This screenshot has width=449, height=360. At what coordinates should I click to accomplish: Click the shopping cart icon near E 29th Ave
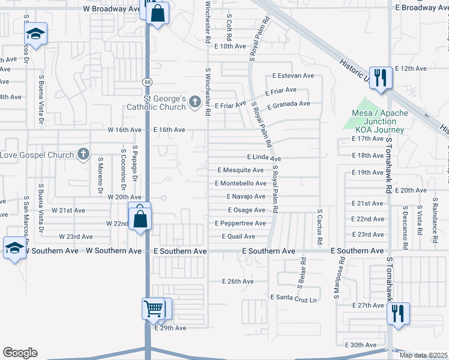pos(154,310)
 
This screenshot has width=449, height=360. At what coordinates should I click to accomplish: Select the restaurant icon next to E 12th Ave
pos(381,78)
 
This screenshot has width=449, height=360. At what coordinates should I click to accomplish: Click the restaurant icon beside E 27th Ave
pos(398,314)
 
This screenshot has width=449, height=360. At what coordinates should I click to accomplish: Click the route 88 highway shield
pos(147,81)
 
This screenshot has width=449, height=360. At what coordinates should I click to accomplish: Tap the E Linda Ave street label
pos(264,157)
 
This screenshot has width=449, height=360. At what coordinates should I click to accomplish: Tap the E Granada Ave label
pos(289,104)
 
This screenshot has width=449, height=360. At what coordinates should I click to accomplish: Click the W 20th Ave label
pos(124,197)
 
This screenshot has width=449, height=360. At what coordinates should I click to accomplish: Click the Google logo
pos(20,353)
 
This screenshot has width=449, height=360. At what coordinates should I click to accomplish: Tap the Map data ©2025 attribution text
pos(423,355)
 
